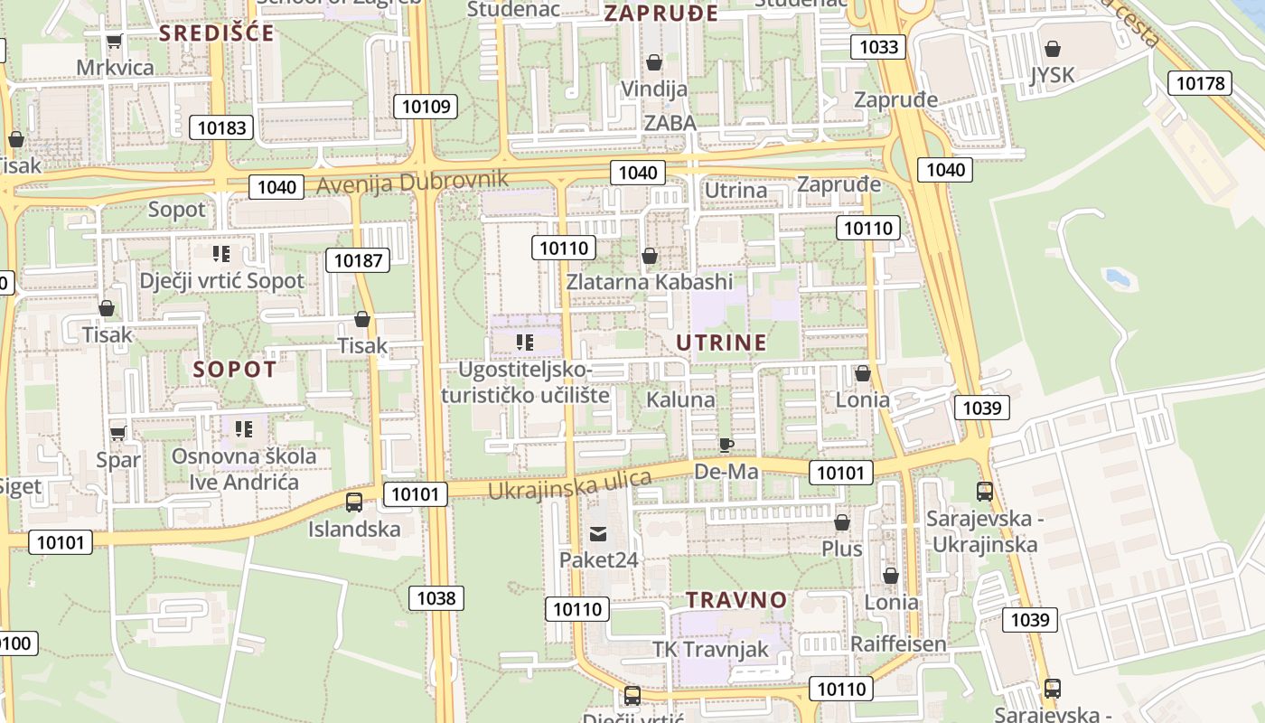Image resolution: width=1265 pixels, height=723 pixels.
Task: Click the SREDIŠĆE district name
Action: [217, 33]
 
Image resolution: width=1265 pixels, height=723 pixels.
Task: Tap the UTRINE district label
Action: [721, 343]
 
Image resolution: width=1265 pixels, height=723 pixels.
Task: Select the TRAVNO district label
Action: [736, 600]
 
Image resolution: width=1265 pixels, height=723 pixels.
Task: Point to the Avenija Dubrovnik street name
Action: [412, 183]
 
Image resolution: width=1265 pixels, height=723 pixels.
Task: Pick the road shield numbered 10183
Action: [221, 127]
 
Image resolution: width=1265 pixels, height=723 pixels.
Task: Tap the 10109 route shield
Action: [426, 107]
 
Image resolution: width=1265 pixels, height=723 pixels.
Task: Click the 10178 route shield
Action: [1200, 83]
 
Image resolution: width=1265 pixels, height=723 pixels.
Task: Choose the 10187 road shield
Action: [358, 261]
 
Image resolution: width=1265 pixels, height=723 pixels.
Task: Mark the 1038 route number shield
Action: [436, 597]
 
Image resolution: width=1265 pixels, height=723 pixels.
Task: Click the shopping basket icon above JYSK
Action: [1052, 49]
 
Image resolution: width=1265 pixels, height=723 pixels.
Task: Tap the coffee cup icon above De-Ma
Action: [726, 444]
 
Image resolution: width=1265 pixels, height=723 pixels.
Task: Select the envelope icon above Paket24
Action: [598, 533]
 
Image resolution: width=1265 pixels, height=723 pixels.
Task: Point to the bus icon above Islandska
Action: [354, 502]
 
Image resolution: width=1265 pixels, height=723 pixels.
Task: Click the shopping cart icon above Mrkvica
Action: [115, 41]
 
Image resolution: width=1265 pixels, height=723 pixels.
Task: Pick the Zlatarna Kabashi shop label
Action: [650, 282]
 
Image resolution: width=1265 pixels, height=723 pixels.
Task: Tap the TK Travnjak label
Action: [710, 649]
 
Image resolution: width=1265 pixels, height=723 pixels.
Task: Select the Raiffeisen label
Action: [898, 643]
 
